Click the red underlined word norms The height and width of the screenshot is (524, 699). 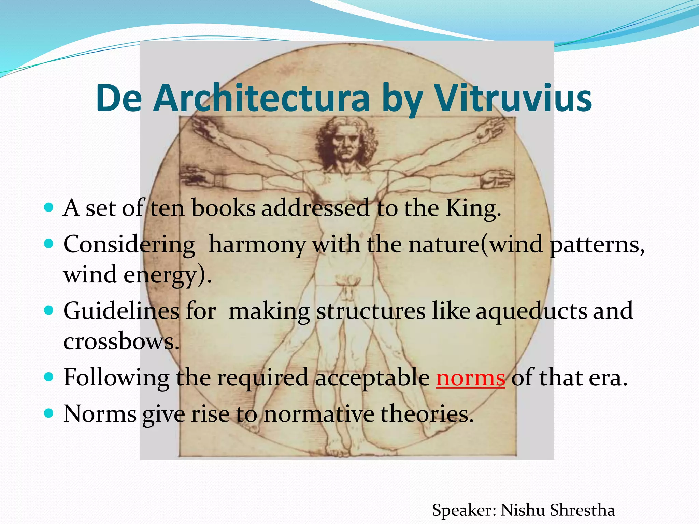470,378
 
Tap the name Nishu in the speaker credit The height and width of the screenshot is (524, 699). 523,510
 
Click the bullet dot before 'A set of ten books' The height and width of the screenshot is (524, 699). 49,207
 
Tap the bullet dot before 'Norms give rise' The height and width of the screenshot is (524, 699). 49,413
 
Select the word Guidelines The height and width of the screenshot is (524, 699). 122,311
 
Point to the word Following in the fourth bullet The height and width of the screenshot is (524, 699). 116,378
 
